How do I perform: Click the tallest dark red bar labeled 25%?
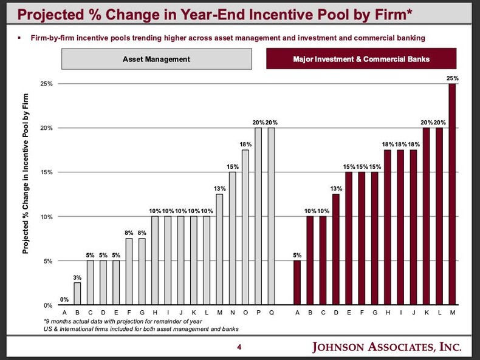tap(451, 194)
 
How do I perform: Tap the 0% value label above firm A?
tap(64, 299)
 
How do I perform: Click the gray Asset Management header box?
tap(156, 59)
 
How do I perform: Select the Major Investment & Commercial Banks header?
tap(361, 59)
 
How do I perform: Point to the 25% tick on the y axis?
tap(46, 84)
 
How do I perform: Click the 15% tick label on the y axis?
tap(46, 172)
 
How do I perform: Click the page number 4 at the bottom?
tap(239, 347)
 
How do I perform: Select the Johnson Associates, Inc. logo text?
tap(386, 347)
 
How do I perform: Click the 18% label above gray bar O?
tap(245, 144)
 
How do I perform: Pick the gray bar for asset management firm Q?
tap(271, 216)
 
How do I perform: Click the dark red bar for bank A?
tap(297, 283)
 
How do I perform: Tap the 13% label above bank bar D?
tap(336, 188)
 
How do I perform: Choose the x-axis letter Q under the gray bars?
tap(271, 313)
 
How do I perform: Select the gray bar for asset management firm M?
tap(219, 250)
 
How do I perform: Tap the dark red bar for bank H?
tap(387, 228)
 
